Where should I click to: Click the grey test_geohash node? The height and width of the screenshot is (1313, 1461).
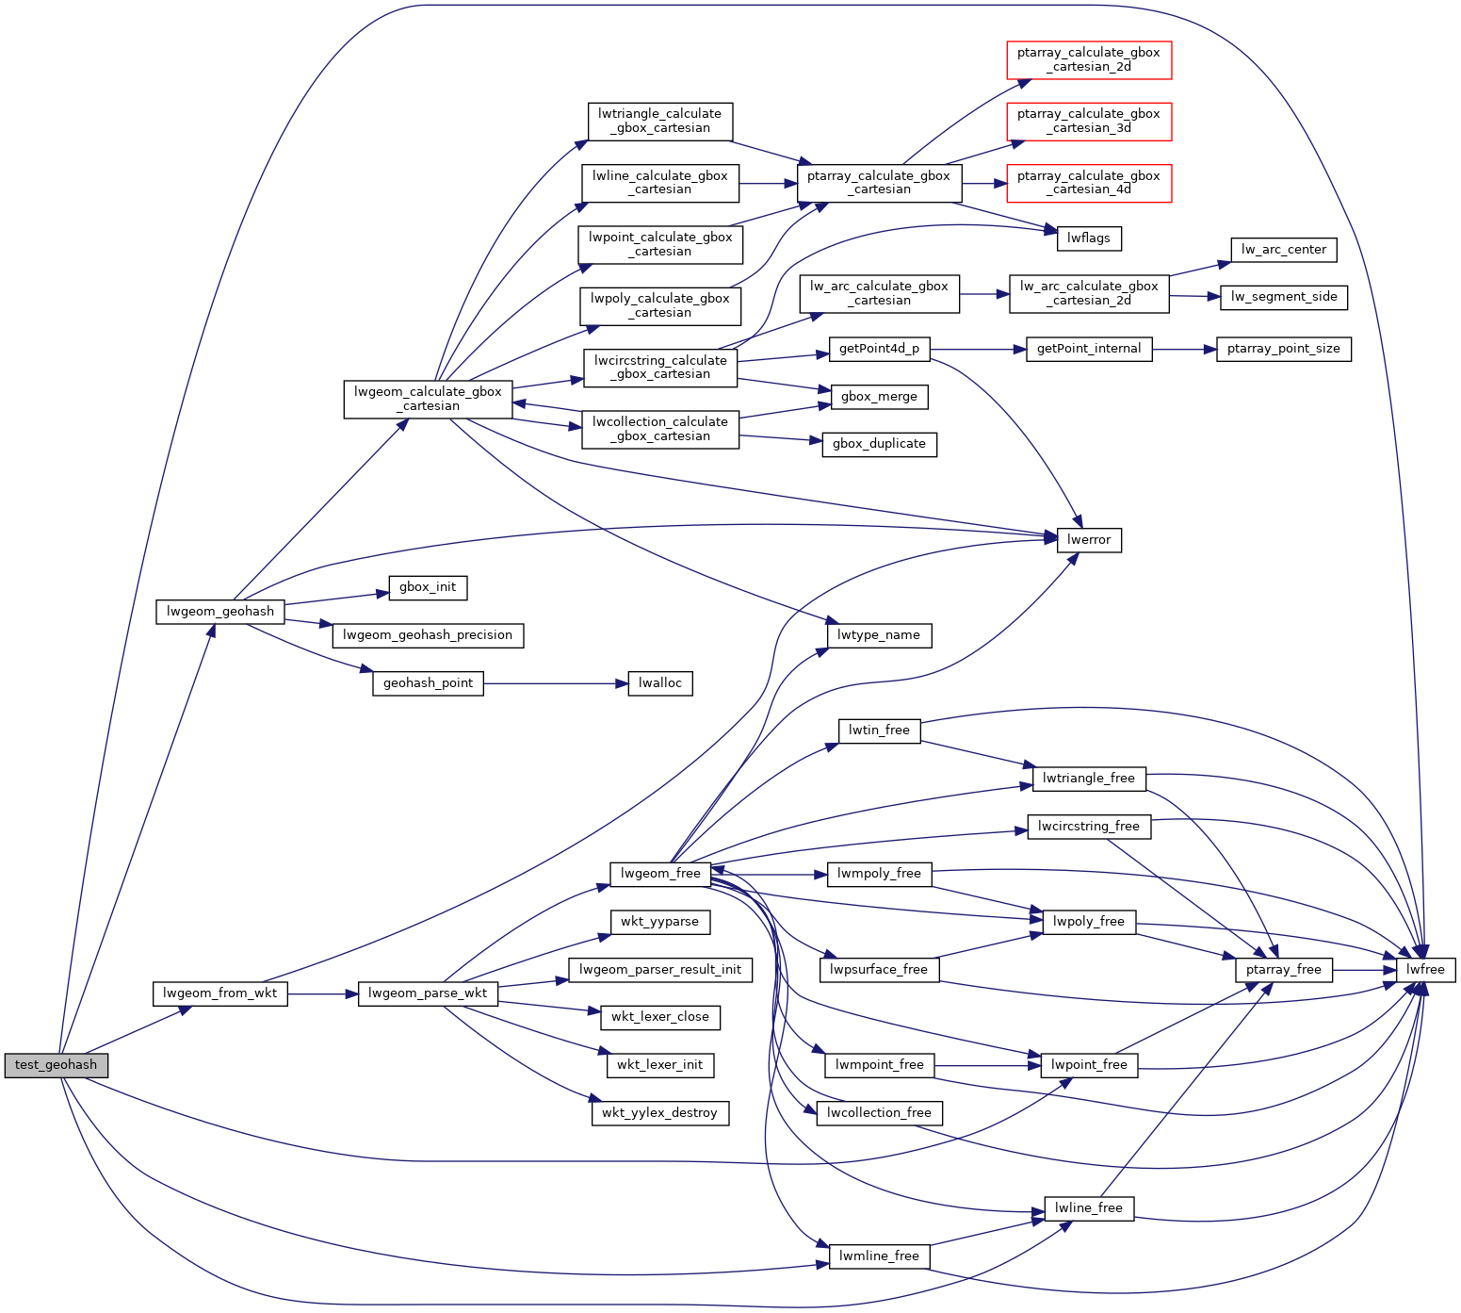(56, 1065)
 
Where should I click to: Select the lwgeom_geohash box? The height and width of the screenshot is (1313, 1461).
(220, 611)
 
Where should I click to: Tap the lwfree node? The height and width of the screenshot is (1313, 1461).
(1425, 969)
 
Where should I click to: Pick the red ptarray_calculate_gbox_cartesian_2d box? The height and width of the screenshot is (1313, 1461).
(1088, 59)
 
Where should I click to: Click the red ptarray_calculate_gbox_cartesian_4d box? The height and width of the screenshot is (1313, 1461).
(1088, 183)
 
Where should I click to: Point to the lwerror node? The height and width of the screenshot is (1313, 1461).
(1089, 539)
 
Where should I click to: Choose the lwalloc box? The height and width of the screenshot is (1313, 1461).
(659, 682)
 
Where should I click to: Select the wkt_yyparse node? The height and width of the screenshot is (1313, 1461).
(659, 921)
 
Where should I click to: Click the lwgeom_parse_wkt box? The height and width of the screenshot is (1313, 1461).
(428, 993)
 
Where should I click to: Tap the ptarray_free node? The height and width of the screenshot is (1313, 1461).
(1283, 969)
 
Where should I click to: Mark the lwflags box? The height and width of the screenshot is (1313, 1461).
(1089, 238)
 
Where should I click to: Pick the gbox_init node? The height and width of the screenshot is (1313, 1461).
(428, 587)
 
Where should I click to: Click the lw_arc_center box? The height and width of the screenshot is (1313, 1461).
(1283, 250)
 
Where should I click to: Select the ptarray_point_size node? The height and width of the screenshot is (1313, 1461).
(1283, 349)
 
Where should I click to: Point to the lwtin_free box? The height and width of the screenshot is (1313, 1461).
(879, 730)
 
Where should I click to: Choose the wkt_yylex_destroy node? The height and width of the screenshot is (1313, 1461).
(659, 1112)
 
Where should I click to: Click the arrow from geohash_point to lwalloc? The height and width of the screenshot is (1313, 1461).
(556, 682)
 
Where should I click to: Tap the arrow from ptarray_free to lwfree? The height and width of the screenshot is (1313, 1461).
(1364, 969)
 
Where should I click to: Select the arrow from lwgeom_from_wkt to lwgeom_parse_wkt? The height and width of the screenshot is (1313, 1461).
(323, 993)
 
